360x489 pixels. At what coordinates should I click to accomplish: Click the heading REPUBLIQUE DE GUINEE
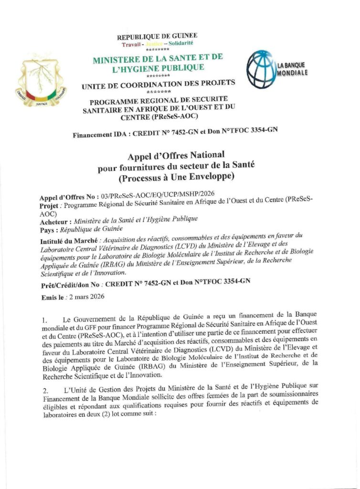157,36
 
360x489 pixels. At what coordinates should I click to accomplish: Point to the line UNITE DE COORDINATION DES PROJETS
158,85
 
